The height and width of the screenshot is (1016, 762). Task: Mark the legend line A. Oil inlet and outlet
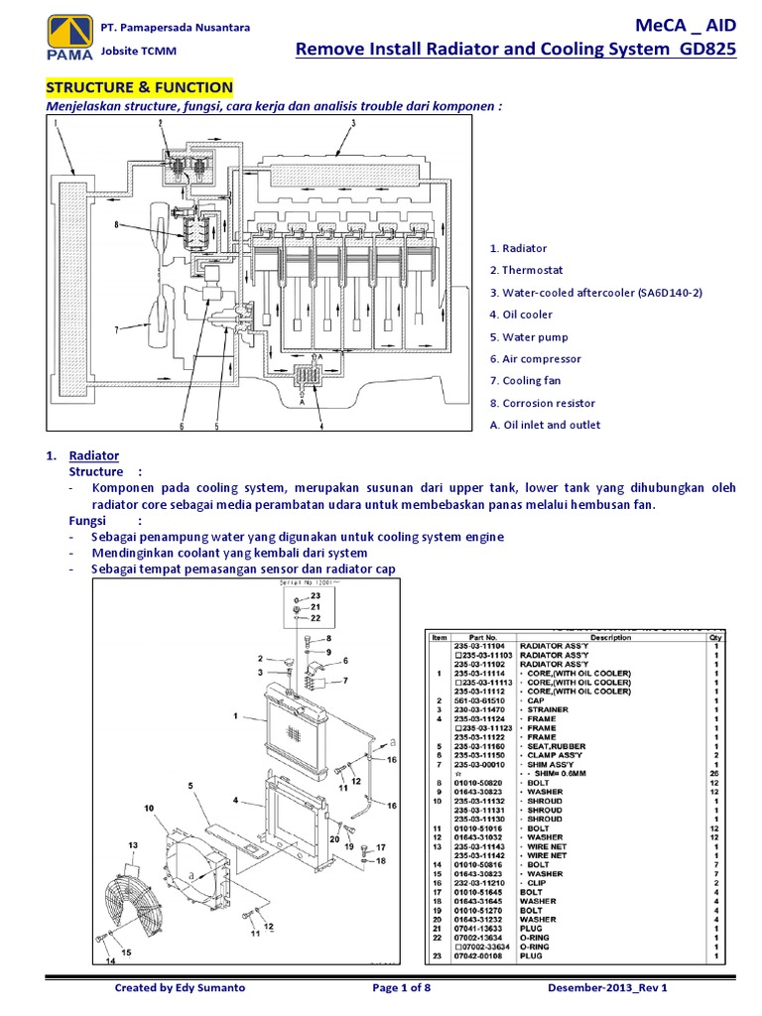pyautogui.click(x=545, y=425)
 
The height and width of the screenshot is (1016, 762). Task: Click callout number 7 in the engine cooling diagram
pyautogui.click(x=116, y=329)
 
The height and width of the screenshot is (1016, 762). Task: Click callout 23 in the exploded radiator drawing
pyautogui.click(x=316, y=594)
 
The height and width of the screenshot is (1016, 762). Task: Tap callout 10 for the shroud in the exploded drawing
pyautogui.click(x=150, y=809)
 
